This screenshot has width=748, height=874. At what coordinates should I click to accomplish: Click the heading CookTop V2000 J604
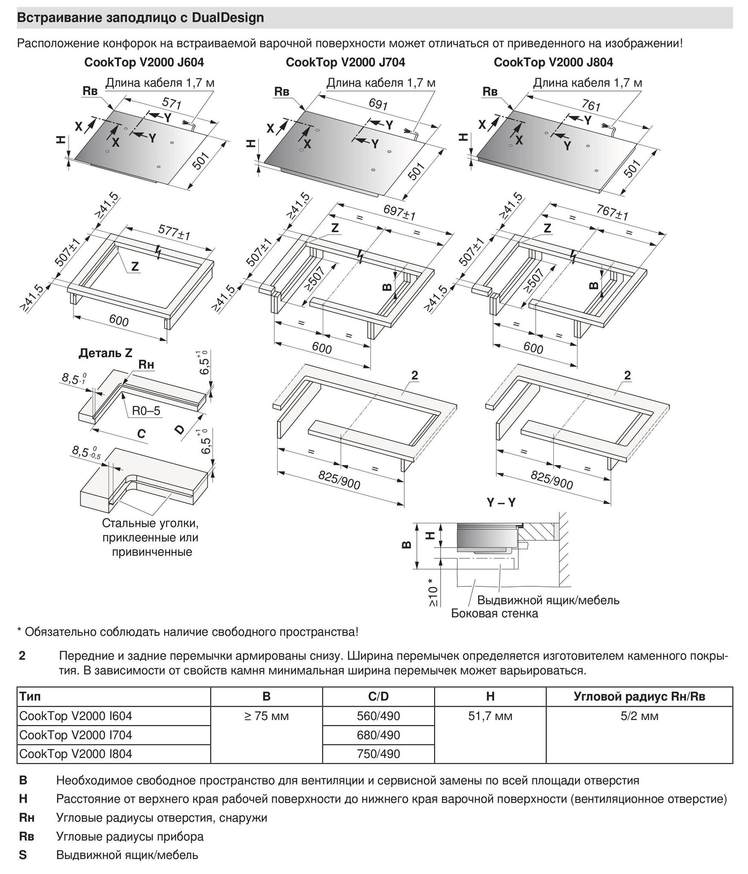144,62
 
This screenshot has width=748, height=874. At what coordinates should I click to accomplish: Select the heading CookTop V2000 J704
345,62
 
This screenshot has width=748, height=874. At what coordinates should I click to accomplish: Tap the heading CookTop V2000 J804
553,62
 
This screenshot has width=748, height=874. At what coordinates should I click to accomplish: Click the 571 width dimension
172,104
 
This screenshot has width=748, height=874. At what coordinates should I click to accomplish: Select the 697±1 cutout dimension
399,212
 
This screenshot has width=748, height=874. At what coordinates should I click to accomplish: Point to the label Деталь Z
105,353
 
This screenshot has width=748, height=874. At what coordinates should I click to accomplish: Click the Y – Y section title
501,503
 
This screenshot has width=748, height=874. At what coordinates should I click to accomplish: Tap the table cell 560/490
378,716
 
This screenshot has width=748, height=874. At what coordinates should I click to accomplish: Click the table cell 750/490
378,754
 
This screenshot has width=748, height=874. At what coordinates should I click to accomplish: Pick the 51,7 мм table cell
490,716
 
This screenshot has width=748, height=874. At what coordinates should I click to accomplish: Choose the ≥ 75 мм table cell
266,716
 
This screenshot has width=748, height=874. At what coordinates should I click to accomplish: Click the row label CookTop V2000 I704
76,735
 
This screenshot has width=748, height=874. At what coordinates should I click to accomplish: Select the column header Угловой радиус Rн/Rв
639,696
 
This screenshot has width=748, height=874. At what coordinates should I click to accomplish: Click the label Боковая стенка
494,613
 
